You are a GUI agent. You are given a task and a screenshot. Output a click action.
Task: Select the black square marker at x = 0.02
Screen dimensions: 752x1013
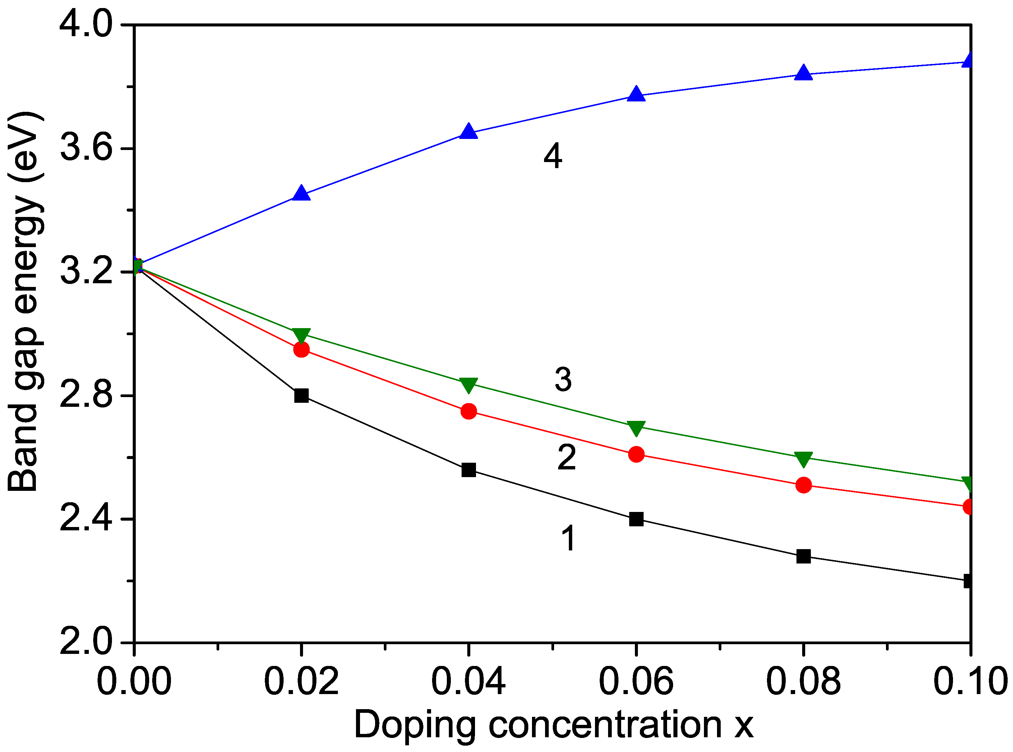pos(301,395)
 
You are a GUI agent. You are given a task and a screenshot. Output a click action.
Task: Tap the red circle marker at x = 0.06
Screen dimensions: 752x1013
pos(636,454)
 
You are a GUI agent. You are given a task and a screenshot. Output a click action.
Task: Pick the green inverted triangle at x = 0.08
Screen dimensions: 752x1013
pos(803,459)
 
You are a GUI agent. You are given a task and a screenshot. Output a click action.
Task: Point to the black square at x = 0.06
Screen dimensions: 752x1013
pos(636,519)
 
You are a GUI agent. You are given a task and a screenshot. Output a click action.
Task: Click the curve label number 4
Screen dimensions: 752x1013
pos(553,156)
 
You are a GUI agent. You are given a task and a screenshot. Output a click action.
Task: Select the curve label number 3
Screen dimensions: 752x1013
pos(563,380)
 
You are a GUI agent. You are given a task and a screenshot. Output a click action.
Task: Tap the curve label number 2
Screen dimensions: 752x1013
pos(567,457)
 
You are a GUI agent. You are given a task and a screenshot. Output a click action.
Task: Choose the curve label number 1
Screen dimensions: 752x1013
pos(568,538)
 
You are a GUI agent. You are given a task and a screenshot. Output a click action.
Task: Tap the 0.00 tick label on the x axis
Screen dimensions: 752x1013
pos(134,681)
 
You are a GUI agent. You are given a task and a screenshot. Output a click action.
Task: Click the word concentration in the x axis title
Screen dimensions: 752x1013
pos(605,725)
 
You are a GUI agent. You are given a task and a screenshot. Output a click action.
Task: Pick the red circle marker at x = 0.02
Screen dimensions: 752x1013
pos(301,349)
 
